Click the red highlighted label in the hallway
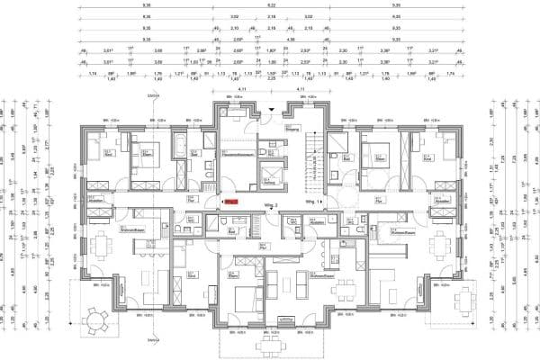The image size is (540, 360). [x=230, y=203]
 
